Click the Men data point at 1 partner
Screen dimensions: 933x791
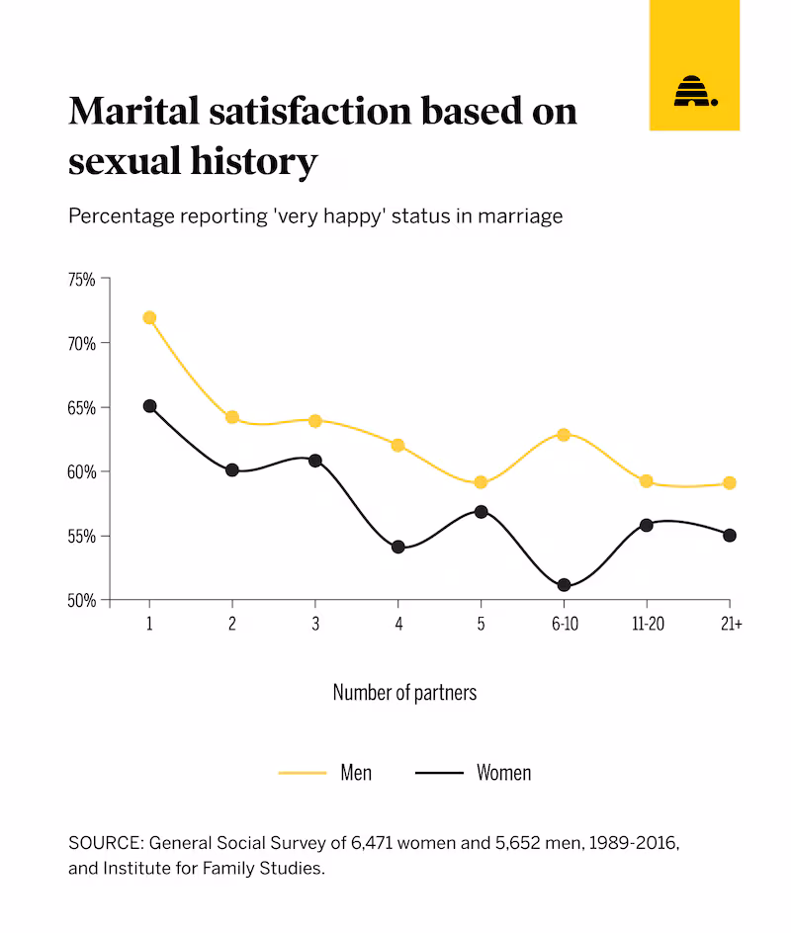pos(149,317)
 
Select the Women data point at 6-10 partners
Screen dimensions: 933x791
pos(564,585)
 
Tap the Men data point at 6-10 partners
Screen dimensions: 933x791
pos(564,434)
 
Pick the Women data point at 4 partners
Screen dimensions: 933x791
pos(397,547)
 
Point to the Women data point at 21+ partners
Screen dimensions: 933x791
pos(730,535)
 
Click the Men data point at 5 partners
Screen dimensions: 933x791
pos(481,482)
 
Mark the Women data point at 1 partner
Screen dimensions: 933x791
pos(149,405)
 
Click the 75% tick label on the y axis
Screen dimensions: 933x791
pos(81,280)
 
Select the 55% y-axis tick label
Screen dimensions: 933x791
pos(81,536)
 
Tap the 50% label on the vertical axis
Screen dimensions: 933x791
pos(81,600)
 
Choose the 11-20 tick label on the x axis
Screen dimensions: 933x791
pos(647,626)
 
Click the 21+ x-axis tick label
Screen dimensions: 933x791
pos(731,626)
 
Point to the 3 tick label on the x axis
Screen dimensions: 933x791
pos(315,626)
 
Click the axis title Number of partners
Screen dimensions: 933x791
pos(404,692)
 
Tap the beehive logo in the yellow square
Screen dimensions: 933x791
pos(694,91)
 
